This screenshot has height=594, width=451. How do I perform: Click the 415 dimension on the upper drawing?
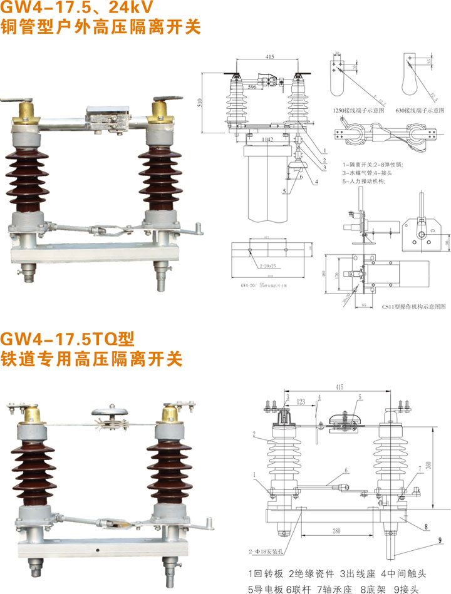(270, 57)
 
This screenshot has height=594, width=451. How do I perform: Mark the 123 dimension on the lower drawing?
(301, 401)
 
